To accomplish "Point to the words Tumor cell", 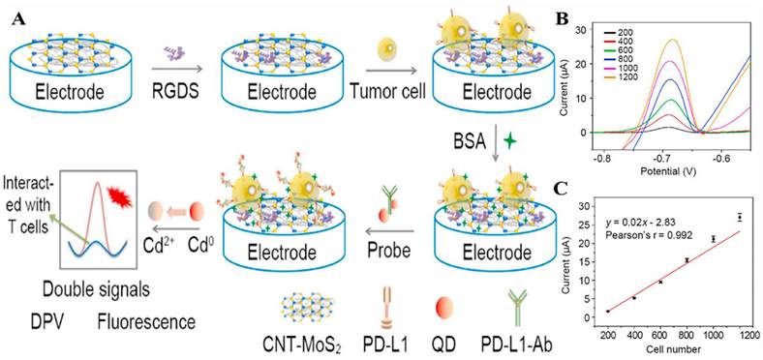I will point(387,96).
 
